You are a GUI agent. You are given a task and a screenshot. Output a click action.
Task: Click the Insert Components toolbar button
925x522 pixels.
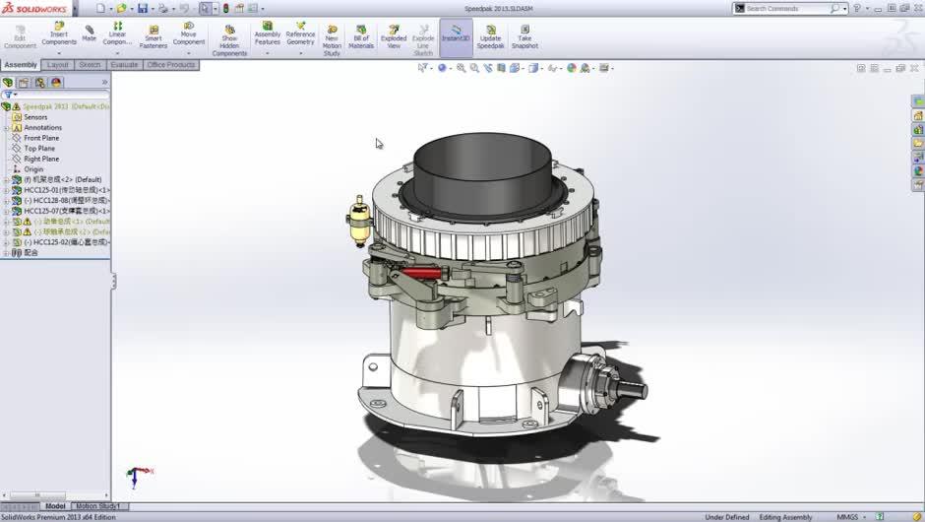point(59,34)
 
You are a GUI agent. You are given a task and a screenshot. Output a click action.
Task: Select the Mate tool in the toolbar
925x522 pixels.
point(90,32)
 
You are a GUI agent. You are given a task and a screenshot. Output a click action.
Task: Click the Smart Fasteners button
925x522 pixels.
point(154,34)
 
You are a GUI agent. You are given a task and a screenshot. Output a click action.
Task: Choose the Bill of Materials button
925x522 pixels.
point(361,34)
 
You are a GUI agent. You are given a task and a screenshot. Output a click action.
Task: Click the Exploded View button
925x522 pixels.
point(394,34)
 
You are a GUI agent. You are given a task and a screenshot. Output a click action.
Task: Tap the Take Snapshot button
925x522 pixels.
point(524,34)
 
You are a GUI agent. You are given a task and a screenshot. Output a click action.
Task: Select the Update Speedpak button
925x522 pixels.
point(490,34)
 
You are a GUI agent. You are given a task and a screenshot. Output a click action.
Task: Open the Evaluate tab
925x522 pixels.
point(124,65)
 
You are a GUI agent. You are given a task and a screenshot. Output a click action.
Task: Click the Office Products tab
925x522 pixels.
point(171,65)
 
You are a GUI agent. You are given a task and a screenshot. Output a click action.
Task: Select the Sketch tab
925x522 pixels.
point(90,65)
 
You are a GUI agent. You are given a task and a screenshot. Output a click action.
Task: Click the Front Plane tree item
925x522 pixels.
point(41,138)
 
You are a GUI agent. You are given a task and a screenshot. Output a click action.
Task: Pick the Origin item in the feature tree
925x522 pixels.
point(33,169)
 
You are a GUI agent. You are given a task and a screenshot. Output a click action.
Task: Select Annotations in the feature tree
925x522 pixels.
point(42,128)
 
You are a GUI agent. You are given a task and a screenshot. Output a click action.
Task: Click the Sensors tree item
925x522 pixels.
point(35,117)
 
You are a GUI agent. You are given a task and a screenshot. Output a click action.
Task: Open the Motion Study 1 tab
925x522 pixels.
point(98,506)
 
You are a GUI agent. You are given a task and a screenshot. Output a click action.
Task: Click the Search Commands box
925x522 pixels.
point(786,8)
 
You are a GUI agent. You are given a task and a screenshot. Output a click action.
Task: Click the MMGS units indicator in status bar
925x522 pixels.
point(846,517)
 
